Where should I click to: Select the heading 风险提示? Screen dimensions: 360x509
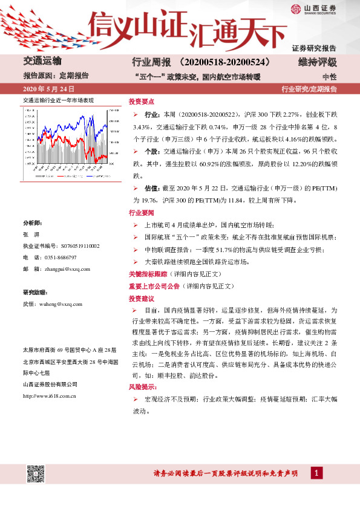142,386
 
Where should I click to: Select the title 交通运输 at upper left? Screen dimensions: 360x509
42,61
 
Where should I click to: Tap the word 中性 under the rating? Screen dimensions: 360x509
329,77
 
